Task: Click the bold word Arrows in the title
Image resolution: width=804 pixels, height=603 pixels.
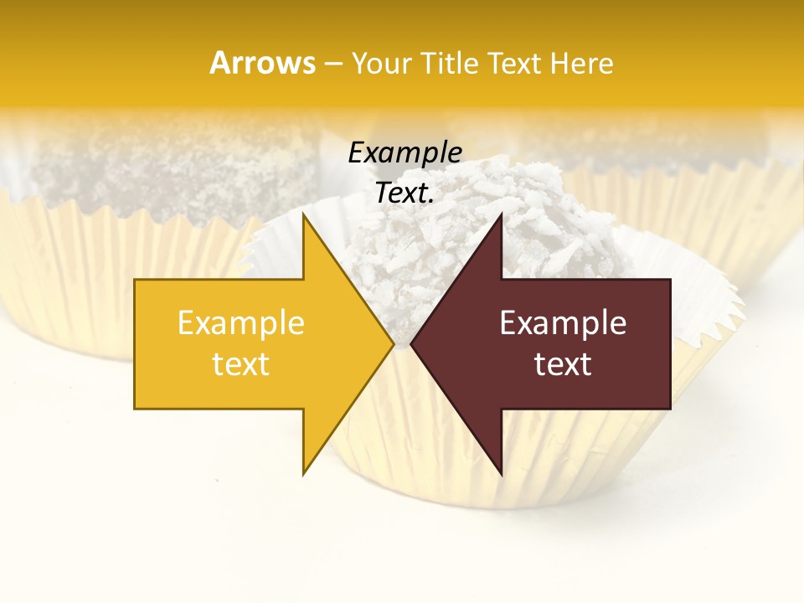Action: coord(262,63)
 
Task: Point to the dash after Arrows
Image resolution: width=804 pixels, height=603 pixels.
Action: coord(332,64)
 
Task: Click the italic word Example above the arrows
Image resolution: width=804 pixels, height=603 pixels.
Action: coord(405,153)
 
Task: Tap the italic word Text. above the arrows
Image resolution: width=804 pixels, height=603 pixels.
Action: coord(405,193)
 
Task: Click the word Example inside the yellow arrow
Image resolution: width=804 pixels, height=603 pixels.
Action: coord(240,323)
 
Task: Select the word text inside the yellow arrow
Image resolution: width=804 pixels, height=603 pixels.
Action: coord(240,364)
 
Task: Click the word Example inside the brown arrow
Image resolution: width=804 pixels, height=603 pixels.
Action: coord(563,323)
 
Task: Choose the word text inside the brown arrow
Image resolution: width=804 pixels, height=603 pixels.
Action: coord(563,364)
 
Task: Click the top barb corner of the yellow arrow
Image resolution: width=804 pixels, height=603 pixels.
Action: coord(303,214)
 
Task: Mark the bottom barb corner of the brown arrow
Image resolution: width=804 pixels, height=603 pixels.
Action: coord(502,475)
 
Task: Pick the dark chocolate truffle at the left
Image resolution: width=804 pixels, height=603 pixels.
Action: coord(167,167)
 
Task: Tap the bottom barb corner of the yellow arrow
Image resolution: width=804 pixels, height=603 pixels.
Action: coord(303,475)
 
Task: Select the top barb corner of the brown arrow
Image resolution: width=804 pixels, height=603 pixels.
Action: coord(502,214)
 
